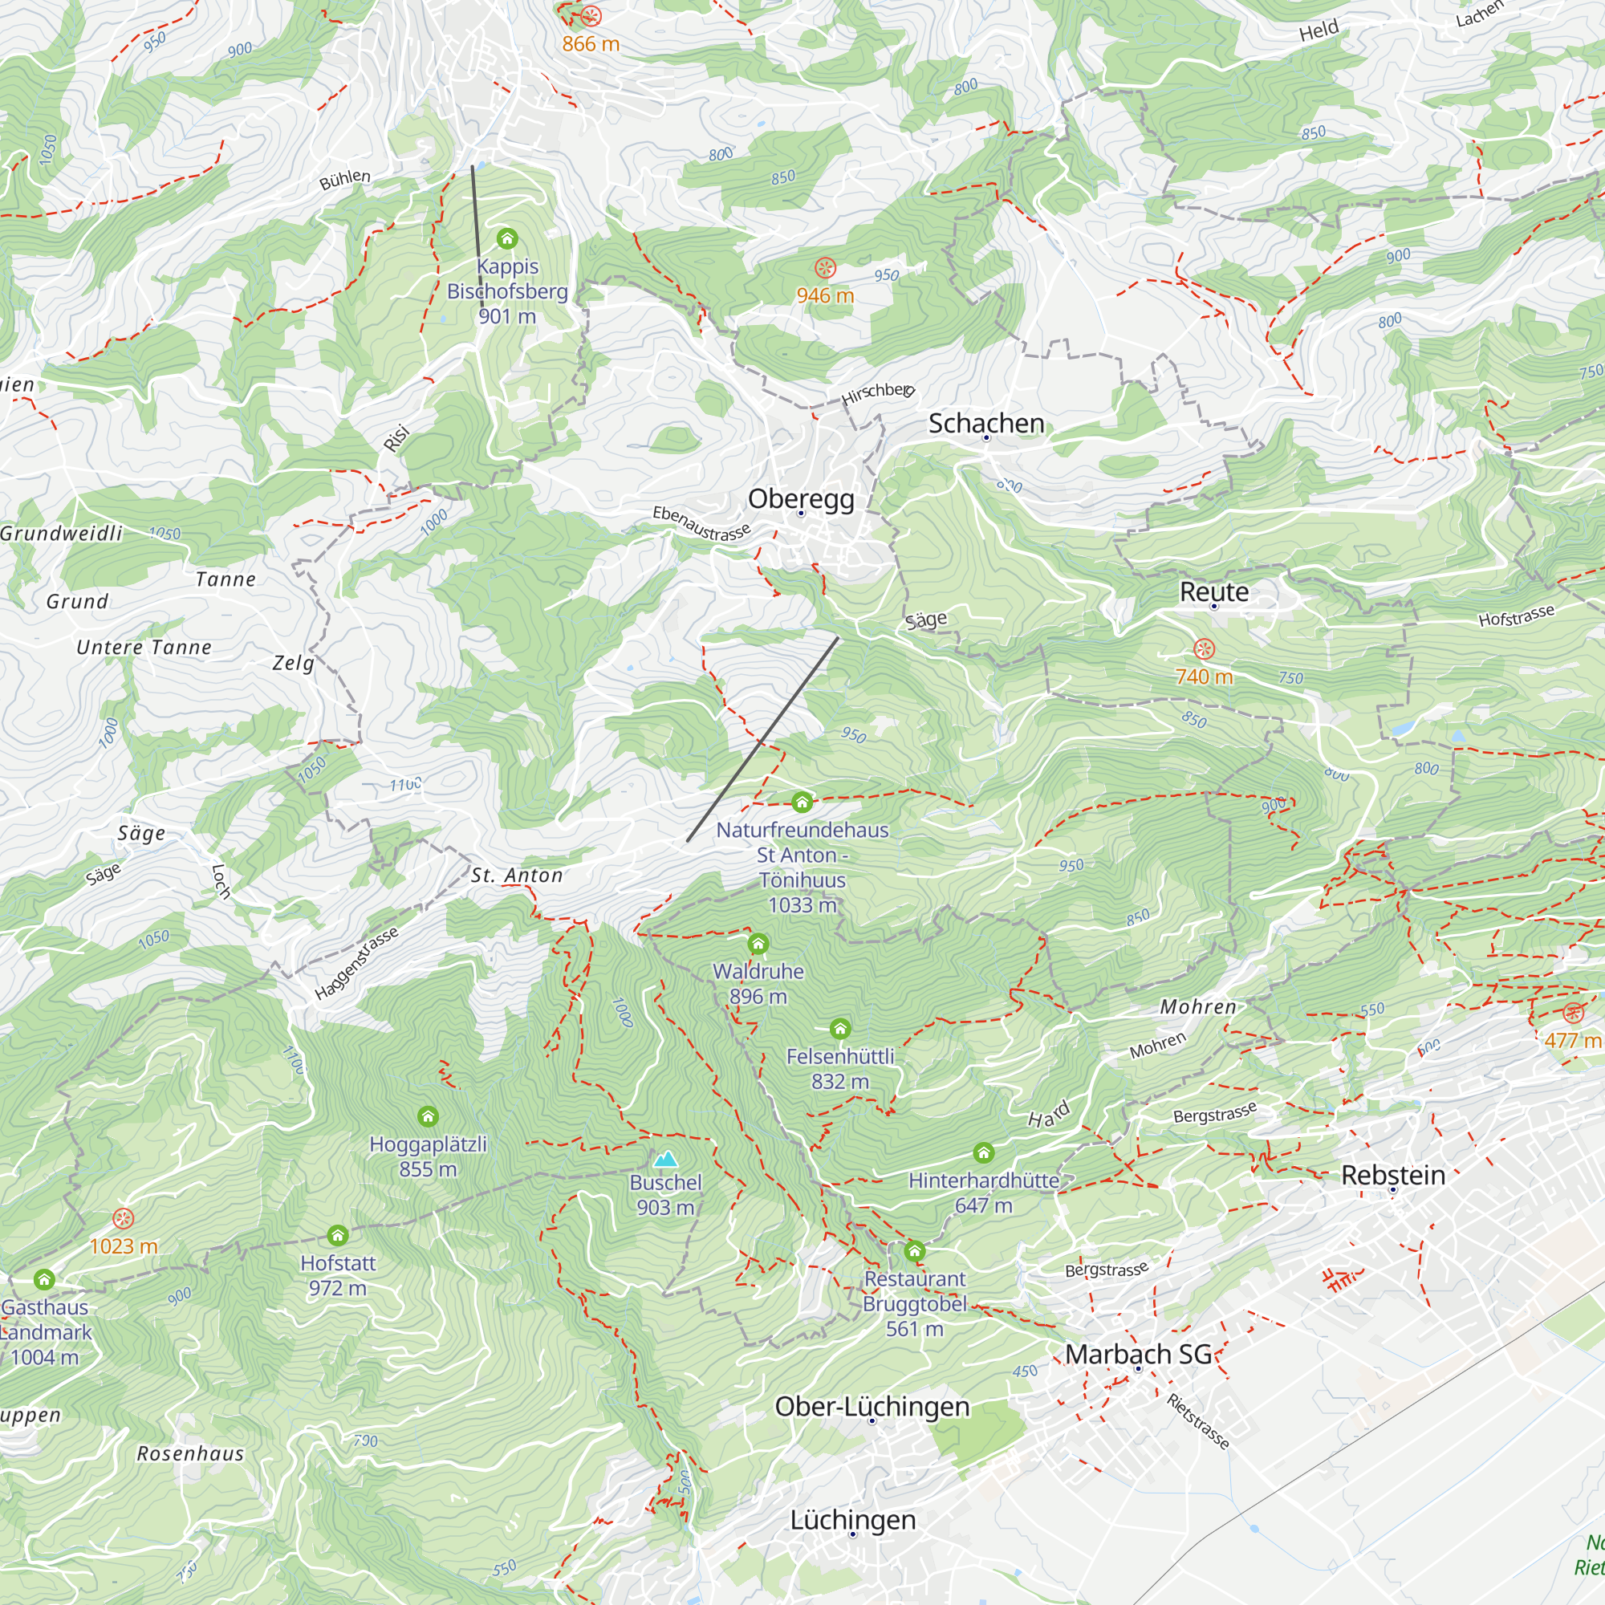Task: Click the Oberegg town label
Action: pyautogui.click(x=801, y=498)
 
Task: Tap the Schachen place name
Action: pyautogui.click(x=986, y=423)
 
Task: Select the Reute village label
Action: pyautogui.click(x=1213, y=591)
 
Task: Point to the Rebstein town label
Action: pyautogui.click(x=1393, y=1175)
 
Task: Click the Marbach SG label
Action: pyautogui.click(x=1138, y=1353)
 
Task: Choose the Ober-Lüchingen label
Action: pyautogui.click(x=872, y=1407)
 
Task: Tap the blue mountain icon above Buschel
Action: pyautogui.click(x=665, y=1159)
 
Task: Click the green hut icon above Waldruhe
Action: pyautogui.click(x=758, y=944)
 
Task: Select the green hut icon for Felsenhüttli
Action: pyautogui.click(x=840, y=1030)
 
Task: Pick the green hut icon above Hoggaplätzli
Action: pyautogui.click(x=428, y=1116)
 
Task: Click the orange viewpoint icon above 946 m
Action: pyautogui.click(x=825, y=267)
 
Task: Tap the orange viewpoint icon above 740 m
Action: pyautogui.click(x=1204, y=648)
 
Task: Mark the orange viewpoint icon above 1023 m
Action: pyautogui.click(x=123, y=1219)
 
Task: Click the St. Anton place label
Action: pyautogui.click(x=517, y=876)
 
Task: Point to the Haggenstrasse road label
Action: pyautogui.click(x=357, y=963)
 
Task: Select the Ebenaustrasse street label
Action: pyautogui.click(x=701, y=523)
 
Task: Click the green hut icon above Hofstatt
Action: pyautogui.click(x=337, y=1235)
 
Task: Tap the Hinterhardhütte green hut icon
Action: pyautogui.click(x=984, y=1152)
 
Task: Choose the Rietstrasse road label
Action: pyautogui.click(x=1197, y=1420)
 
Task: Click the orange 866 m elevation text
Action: pyautogui.click(x=591, y=44)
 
